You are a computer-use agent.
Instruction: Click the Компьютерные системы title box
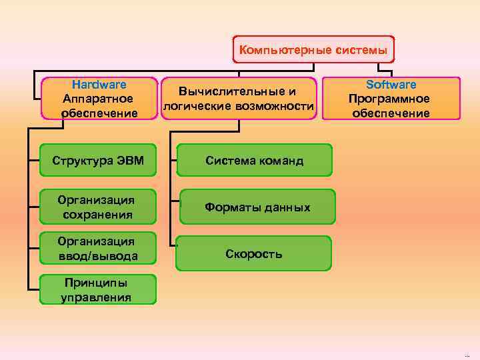click(x=313, y=51)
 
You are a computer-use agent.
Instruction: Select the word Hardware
click(x=99, y=85)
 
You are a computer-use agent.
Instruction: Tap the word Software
click(x=391, y=85)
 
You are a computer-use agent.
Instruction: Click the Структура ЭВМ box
click(x=98, y=160)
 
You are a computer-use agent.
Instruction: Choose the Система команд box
click(x=254, y=160)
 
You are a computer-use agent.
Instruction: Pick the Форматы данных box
click(x=257, y=207)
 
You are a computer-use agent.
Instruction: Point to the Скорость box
click(x=254, y=254)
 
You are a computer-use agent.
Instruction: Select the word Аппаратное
click(x=99, y=99)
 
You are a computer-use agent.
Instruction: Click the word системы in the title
click(x=363, y=51)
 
